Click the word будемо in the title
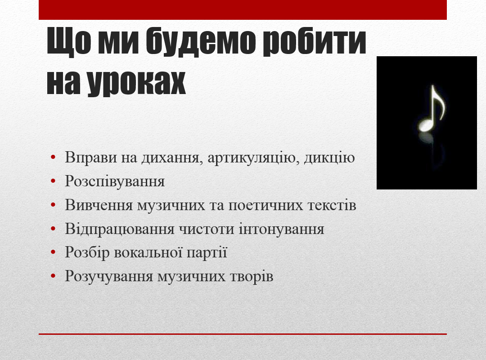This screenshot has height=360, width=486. [201, 41]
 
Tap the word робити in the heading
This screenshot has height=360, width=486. [315, 42]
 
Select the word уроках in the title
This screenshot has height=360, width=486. [136, 83]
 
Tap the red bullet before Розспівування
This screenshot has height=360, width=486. [53, 181]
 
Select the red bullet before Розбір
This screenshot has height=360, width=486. [53, 252]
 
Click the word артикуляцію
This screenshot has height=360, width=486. [253, 157]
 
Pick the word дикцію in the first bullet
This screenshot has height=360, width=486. [329, 157]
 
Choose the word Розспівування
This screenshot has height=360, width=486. [115, 181]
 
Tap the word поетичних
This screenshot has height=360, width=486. [265, 205]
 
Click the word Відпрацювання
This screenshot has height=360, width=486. [120, 229]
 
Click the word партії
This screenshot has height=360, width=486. [207, 253]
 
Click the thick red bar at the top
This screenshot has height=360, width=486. [243, 9]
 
